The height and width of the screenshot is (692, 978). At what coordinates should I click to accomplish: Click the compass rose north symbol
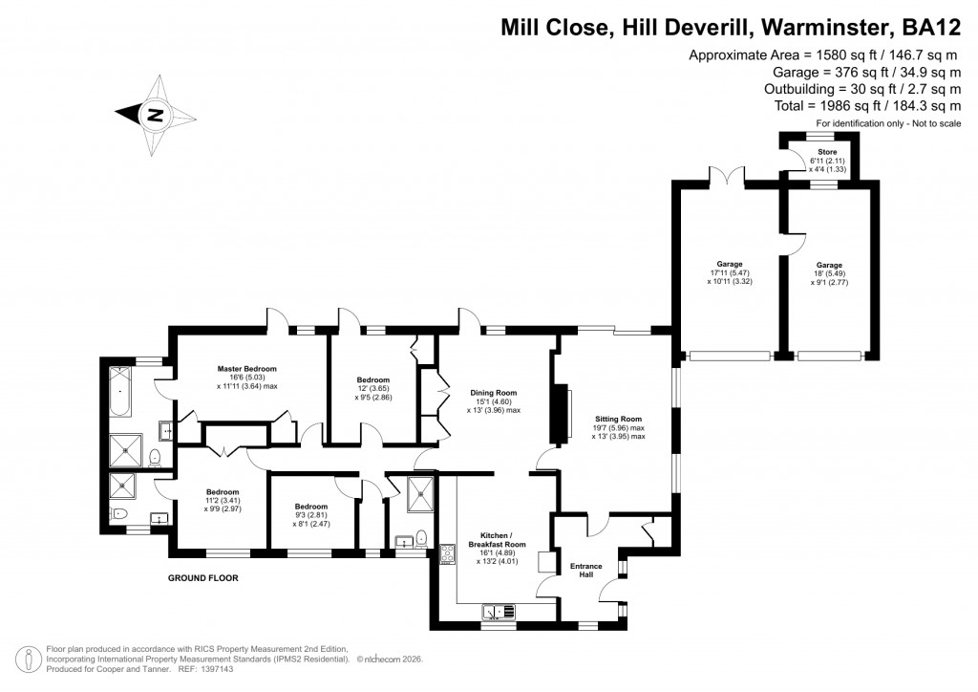pyautogui.click(x=153, y=116)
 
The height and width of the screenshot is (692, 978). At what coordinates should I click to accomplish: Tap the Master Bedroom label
pyautogui.click(x=246, y=369)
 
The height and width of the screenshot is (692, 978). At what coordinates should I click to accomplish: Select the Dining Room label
pyautogui.click(x=493, y=392)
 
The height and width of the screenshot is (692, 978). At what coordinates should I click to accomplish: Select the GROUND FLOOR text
pyautogui.click(x=202, y=578)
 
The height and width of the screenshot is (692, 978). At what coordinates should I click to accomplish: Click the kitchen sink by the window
pyautogui.click(x=499, y=611)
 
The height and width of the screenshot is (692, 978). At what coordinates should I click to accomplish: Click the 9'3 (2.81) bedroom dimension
pyautogui.click(x=311, y=515)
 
